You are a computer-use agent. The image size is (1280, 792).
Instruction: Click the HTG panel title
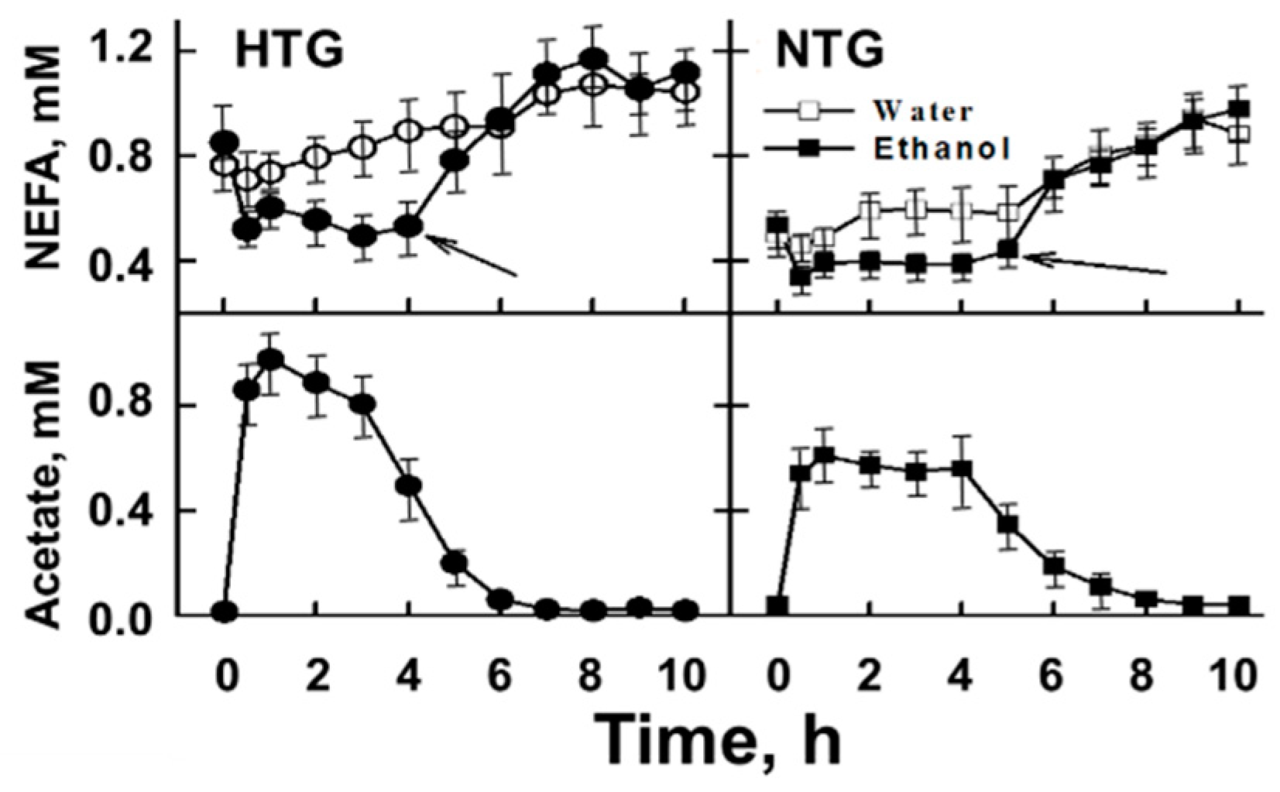pyautogui.click(x=289, y=51)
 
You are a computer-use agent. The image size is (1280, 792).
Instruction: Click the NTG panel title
pyautogui.click(x=830, y=51)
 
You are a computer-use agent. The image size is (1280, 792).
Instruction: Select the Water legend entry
pyautogui.click(x=922, y=111)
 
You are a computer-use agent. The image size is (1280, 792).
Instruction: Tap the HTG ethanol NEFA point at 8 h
pyautogui.click(x=594, y=60)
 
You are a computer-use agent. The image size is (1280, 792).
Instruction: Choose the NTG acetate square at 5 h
pyautogui.click(x=1007, y=523)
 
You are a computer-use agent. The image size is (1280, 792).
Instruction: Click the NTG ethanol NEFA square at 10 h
pyautogui.click(x=1239, y=109)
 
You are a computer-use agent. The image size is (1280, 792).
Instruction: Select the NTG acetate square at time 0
pyautogui.click(x=777, y=605)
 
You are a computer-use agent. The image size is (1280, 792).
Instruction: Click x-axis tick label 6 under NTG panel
pyautogui.click(x=1052, y=676)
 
